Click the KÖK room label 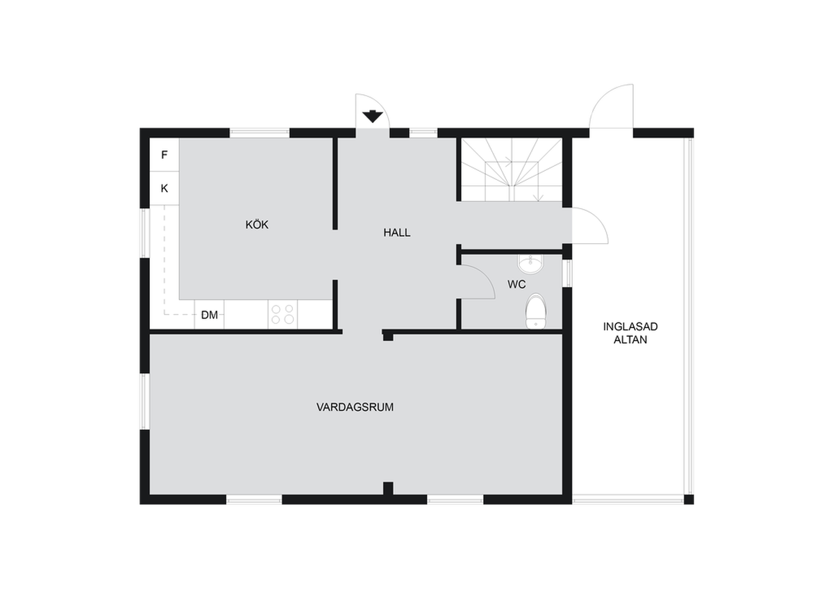coord(257,225)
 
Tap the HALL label coord(397,233)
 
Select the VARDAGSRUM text coord(355,407)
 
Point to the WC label coord(516,284)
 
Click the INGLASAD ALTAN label coord(630,333)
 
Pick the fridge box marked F coord(165,155)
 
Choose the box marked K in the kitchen coord(165,188)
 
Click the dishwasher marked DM coord(209,315)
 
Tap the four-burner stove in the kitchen coord(283,315)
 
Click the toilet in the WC coord(535,311)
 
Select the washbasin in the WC coord(530,264)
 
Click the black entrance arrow coord(373,117)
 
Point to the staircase coord(512,169)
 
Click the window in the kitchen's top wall coord(259,133)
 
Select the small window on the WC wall coord(567,273)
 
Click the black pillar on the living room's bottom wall coord(388,488)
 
